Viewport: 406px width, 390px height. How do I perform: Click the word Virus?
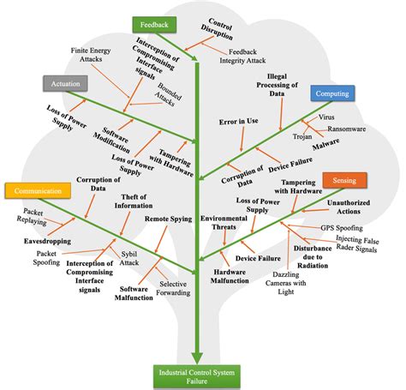click(326, 114)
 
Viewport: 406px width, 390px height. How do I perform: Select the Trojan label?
click(302, 135)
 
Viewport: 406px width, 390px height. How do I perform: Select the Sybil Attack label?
click(131, 261)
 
